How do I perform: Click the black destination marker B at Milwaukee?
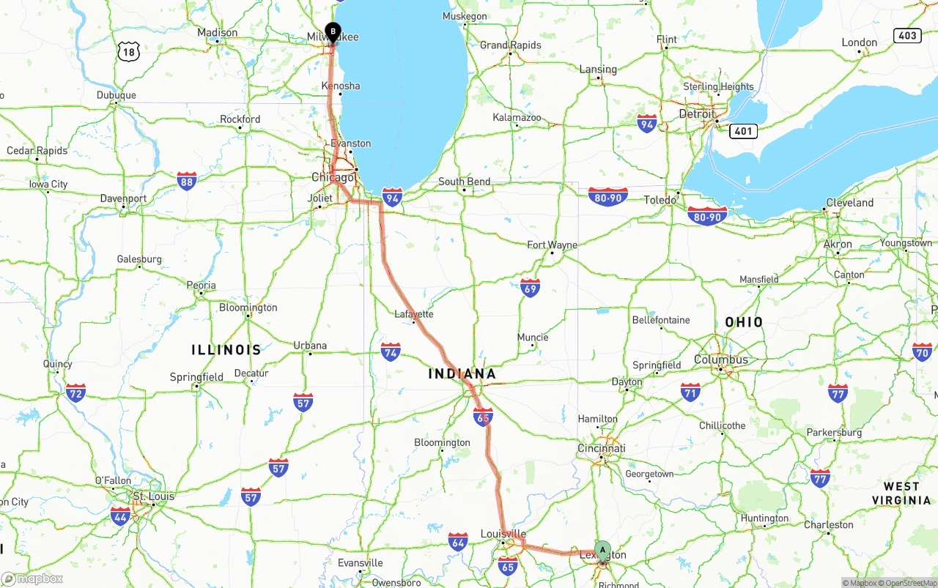tap(333, 32)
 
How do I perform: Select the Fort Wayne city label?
tap(552, 245)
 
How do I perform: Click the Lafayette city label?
tap(414, 314)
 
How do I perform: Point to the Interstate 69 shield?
tap(530, 287)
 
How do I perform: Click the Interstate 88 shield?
tap(187, 181)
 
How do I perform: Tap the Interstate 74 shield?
tap(391, 352)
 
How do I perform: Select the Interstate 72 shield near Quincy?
tap(75, 392)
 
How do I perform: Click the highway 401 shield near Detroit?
tap(743, 131)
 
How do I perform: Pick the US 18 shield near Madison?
tap(129, 51)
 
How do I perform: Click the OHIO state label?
tap(744, 322)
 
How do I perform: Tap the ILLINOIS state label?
tap(226, 350)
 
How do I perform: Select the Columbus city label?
tap(721, 360)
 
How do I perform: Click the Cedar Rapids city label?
tap(37, 151)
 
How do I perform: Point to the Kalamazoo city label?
tap(517, 117)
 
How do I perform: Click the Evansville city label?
tap(360, 563)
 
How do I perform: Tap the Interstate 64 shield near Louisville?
tap(458, 541)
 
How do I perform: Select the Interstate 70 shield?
tap(922, 352)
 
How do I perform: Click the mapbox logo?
tap(33, 578)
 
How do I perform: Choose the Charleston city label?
tap(828, 525)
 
